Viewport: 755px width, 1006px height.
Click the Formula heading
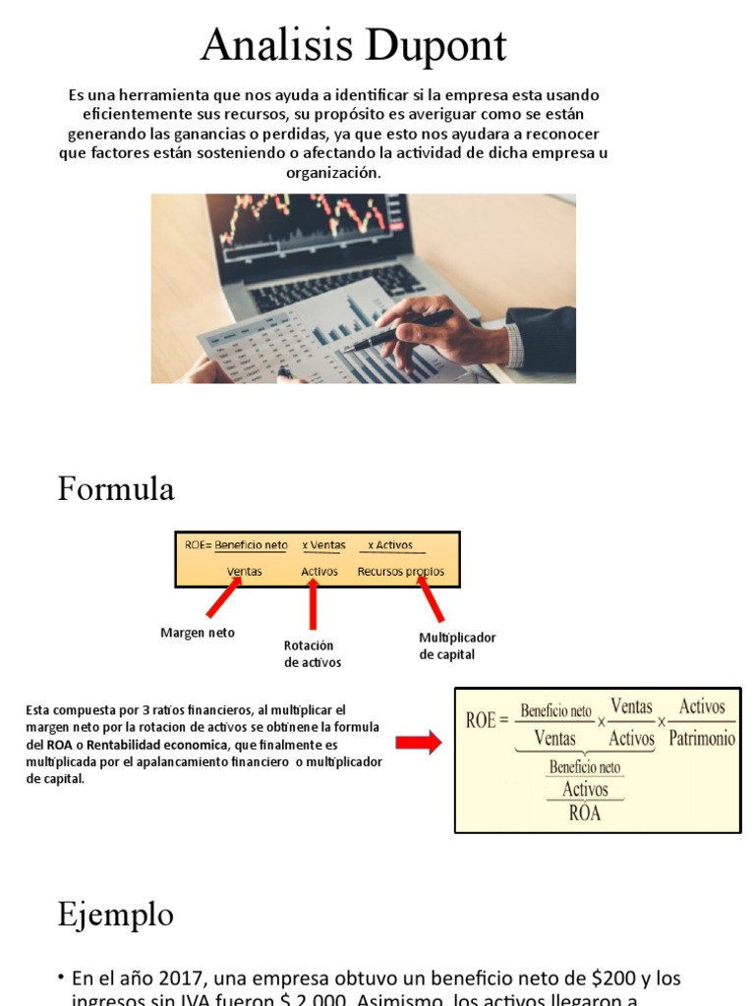click(x=116, y=488)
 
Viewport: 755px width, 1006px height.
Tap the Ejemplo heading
click(x=115, y=915)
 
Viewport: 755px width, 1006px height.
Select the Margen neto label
click(x=198, y=633)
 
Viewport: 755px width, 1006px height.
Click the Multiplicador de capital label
click(x=457, y=645)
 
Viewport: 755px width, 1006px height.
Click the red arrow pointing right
click(x=419, y=744)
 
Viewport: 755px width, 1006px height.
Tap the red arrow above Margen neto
click(x=223, y=598)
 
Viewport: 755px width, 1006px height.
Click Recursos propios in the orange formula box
click(x=400, y=571)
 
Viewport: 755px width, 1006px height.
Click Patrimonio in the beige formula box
click(x=702, y=738)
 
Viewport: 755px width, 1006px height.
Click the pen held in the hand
click(x=397, y=331)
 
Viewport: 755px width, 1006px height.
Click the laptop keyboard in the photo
click(x=334, y=285)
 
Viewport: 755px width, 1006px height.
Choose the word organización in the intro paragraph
click(x=332, y=172)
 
